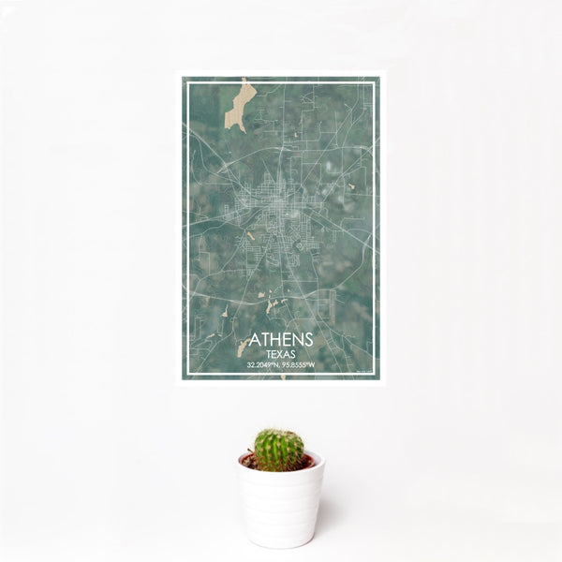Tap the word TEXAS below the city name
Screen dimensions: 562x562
coord(282,355)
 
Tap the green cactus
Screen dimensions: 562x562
coord(279,450)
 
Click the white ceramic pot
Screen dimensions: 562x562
coord(281,501)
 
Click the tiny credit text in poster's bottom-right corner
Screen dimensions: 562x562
coord(365,373)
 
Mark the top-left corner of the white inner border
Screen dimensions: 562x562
coord(186,83)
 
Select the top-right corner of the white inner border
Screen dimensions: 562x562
coord(375,83)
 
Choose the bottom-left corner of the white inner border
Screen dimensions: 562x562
coord(186,377)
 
